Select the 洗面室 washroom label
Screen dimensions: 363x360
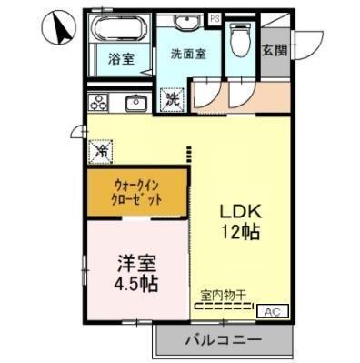click(x=189, y=54)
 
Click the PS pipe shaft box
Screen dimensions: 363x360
click(x=215, y=17)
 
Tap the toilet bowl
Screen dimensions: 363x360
click(x=238, y=39)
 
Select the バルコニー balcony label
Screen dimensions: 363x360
click(x=225, y=341)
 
